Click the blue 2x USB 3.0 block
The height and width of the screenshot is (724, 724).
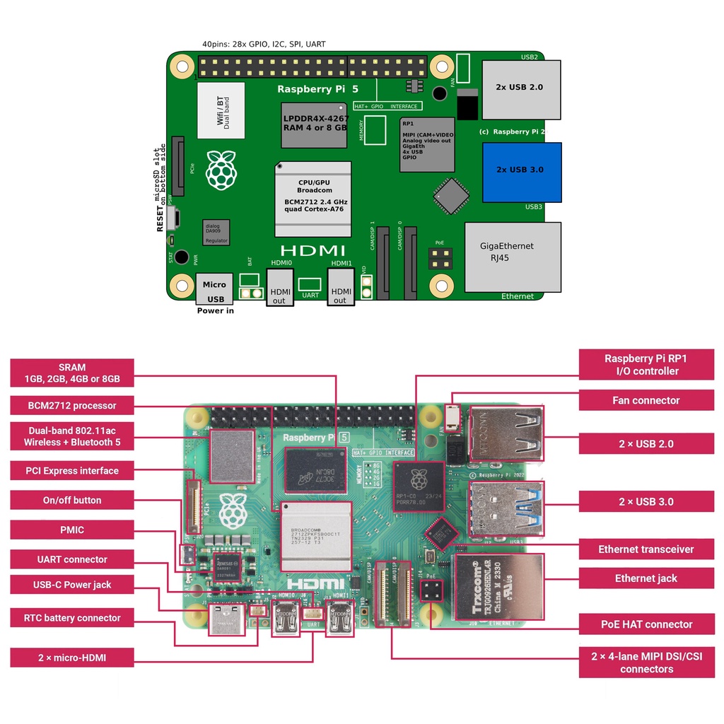point(522,172)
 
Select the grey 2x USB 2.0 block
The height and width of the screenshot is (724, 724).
point(521,89)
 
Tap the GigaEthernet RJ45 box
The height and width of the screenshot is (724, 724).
point(512,257)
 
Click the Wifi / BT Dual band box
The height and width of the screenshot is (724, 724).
point(221,110)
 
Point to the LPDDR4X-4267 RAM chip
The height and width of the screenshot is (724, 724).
point(315,125)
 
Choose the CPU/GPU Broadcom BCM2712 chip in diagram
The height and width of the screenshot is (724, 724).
point(313,199)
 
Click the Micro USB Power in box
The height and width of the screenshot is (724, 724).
point(214,289)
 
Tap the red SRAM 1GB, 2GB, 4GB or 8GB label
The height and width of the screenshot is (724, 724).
point(72,373)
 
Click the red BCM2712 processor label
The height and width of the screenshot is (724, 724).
point(72,406)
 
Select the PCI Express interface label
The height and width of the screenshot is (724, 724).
point(72,471)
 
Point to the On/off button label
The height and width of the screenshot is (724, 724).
point(72,501)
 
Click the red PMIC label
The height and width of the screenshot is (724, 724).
point(72,530)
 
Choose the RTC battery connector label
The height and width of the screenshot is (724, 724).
point(72,618)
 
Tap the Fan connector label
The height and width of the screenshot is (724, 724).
point(646,400)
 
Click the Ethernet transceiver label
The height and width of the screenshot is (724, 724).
point(646,549)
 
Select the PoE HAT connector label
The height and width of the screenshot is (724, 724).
point(646,624)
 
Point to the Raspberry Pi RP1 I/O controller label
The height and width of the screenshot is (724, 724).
point(646,365)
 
